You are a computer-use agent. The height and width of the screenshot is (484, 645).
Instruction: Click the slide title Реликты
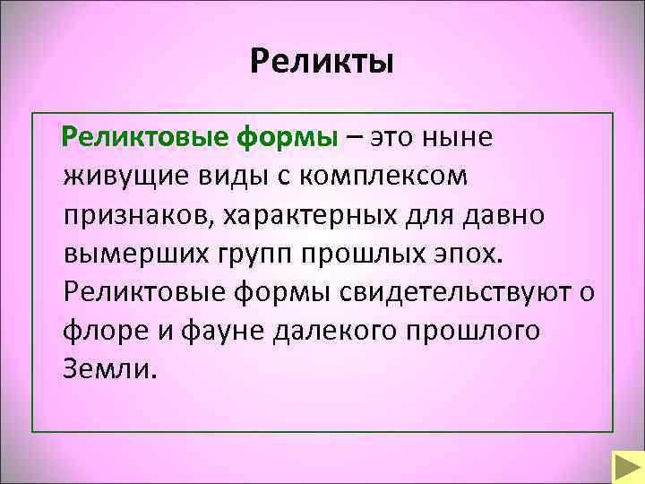tap(322, 62)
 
